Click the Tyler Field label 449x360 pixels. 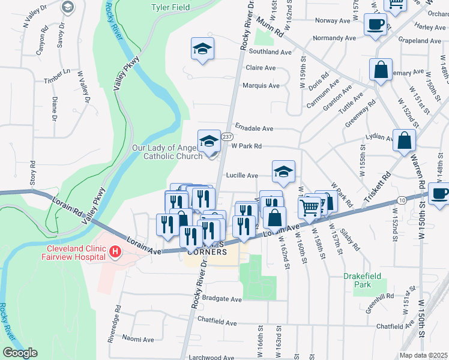click(170, 7)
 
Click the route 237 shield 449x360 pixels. click(227, 137)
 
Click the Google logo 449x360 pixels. click(19, 353)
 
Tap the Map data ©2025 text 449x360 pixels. click(423, 355)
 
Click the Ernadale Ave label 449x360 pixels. click(254, 128)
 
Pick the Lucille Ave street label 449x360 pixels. click(242, 176)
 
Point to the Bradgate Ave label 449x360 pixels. click(221, 299)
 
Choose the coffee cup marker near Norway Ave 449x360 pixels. click(375, 25)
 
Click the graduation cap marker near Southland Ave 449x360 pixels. click(203, 49)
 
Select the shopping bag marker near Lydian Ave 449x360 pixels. click(405, 141)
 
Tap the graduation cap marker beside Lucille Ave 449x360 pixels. click(283, 172)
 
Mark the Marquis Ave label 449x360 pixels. click(261, 85)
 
